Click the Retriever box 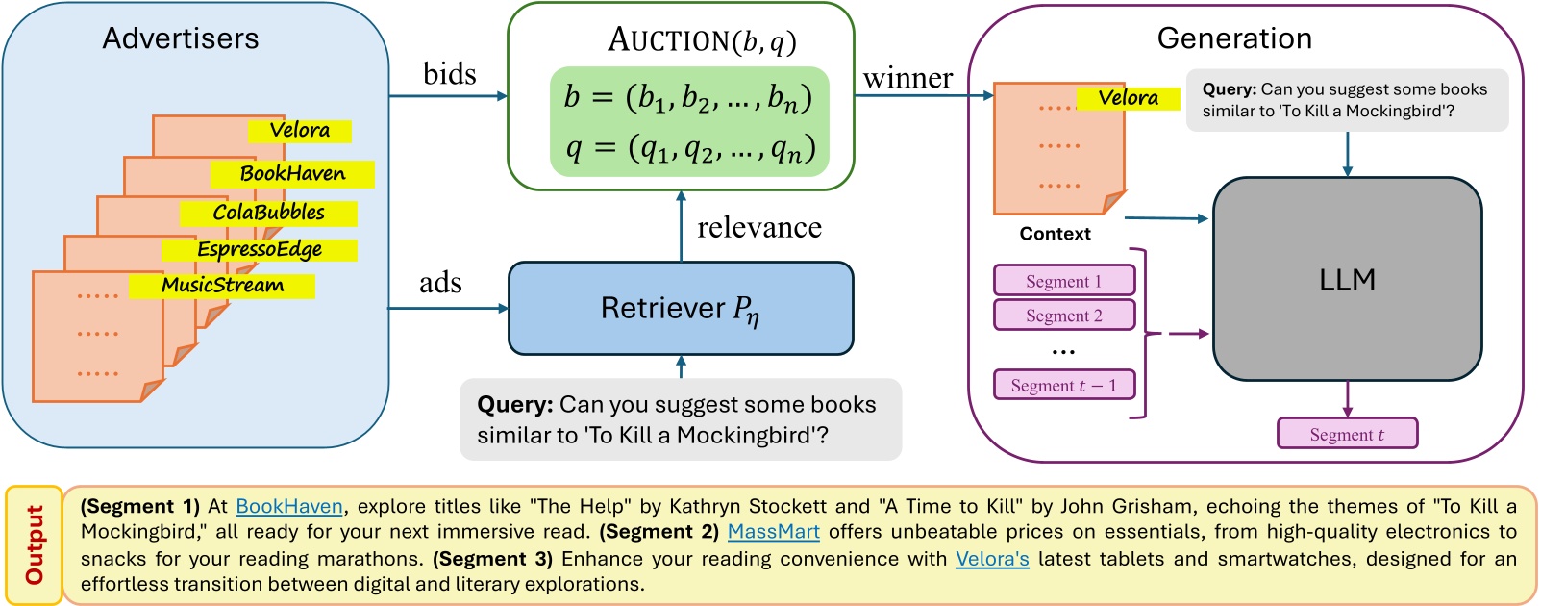[681, 308]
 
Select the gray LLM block [1347, 279]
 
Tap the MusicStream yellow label [222, 286]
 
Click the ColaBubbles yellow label [268, 213]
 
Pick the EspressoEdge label [260, 250]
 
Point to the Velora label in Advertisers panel [299, 130]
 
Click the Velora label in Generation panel [1128, 98]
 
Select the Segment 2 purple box [1064, 316]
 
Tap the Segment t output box [1347, 434]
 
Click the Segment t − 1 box [1064, 386]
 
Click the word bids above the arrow [449, 74]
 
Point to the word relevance [758, 227]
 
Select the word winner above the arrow [907, 78]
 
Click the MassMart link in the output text [773, 532]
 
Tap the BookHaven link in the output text [288, 506]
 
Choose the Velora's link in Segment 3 [992, 559]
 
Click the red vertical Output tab [35, 544]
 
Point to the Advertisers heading [181, 38]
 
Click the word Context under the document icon [1055, 234]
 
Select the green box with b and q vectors [688, 122]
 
